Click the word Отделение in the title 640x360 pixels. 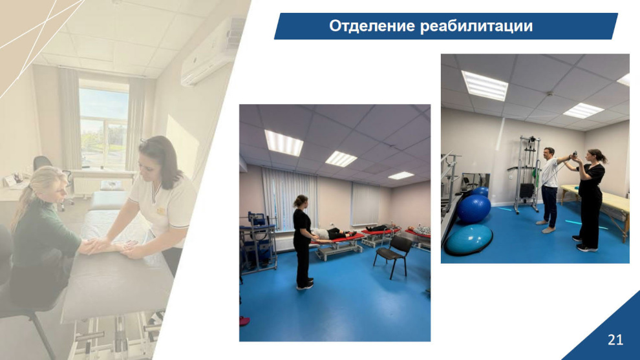click(x=372, y=26)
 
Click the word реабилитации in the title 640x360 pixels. click(x=476, y=26)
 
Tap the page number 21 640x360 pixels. click(x=615, y=339)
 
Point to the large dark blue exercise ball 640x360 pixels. click(x=473, y=208)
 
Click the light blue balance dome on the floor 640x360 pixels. click(x=469, y=240)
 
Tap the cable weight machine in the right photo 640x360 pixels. click(x=526, y=173)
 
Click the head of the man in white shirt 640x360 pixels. click(x=549, y=153)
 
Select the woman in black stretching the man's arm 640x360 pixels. click(x=591, y=200)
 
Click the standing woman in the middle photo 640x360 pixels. click(x=303, y=242)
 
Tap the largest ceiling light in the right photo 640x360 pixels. click(x=484, y=85)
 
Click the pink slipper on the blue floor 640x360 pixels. click(x=244, y=321)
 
